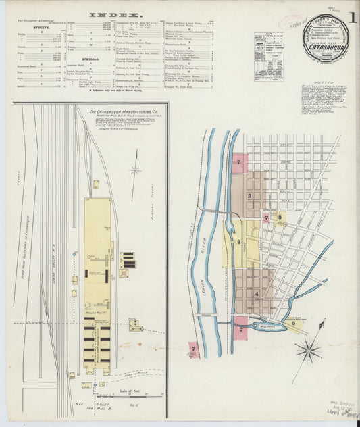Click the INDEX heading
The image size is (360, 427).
115,14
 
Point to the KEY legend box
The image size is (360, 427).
268,57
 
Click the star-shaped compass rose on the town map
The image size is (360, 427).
308,351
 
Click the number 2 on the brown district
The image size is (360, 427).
249,195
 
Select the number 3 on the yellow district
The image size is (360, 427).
238,241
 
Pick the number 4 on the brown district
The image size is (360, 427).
256,294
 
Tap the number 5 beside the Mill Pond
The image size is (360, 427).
294,324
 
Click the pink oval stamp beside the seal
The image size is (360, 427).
291,22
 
